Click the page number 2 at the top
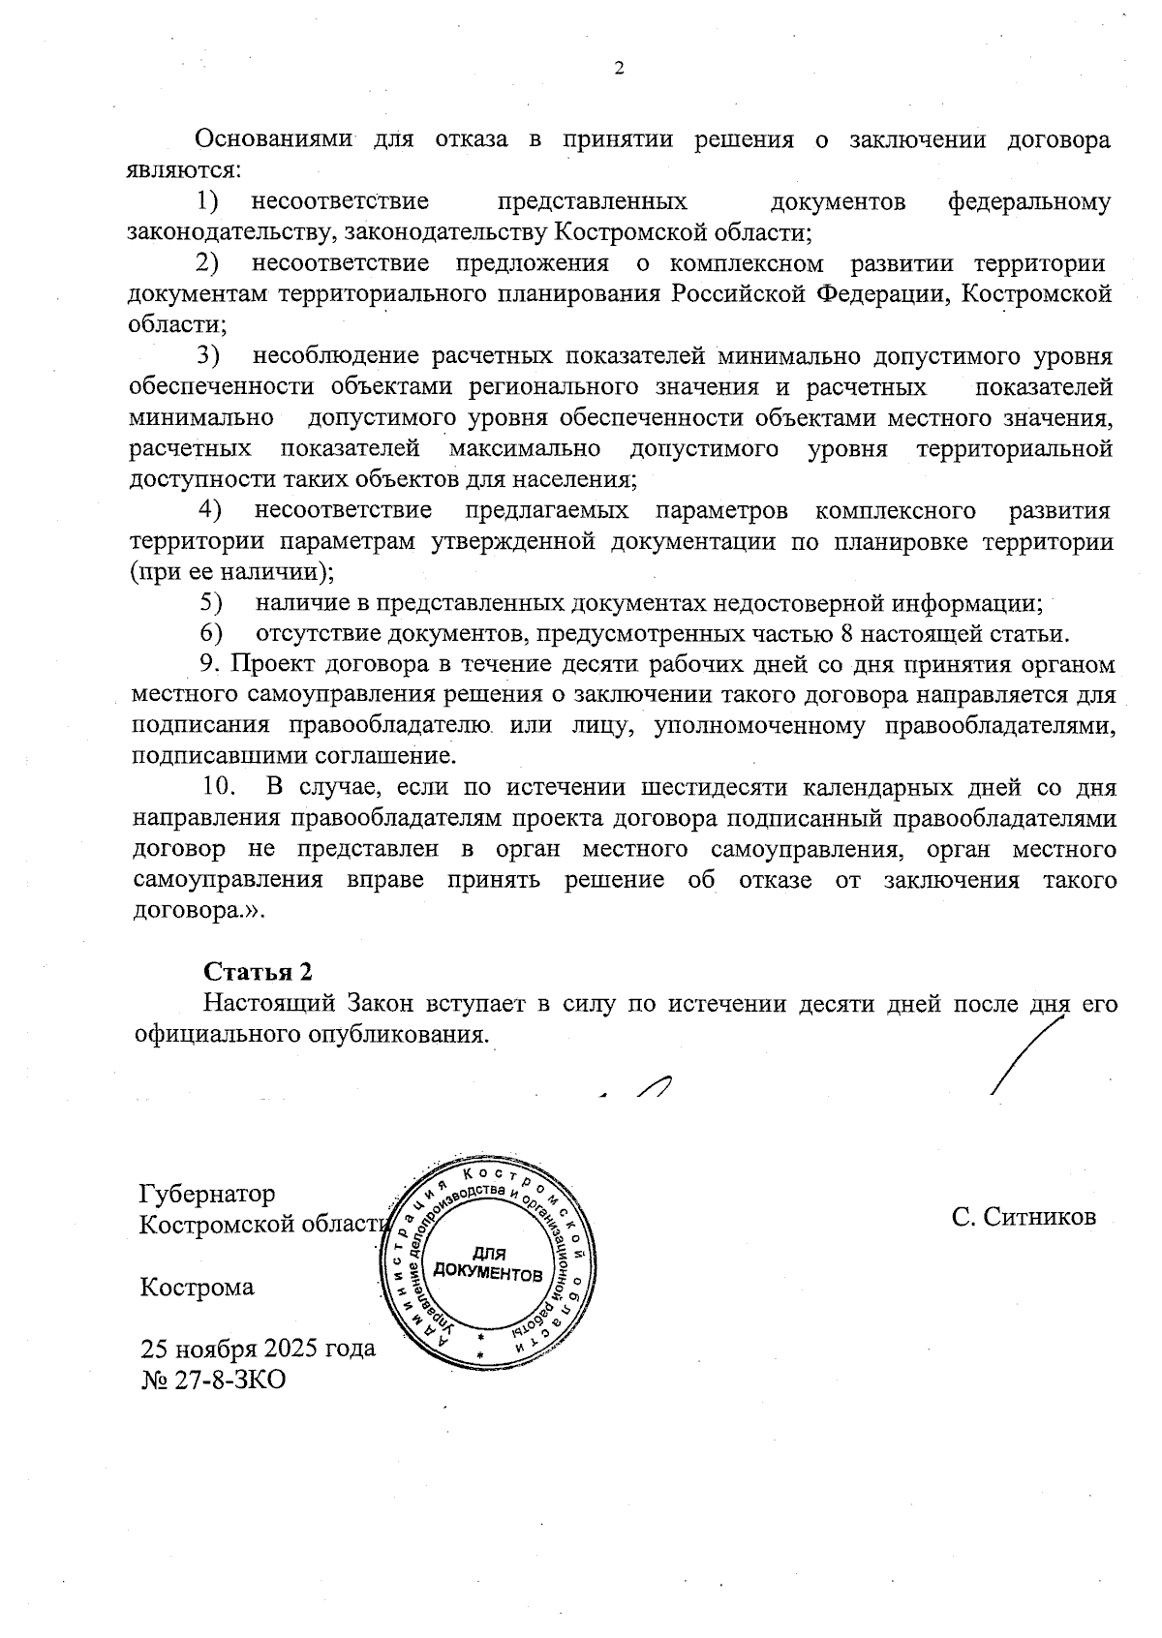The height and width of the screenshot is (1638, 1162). tap(620, 69)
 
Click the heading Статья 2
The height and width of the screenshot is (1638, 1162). tap(259, 972)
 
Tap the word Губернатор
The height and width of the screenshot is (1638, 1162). tap(207, 1194)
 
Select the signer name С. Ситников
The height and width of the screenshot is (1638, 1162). tap(1024, 1217)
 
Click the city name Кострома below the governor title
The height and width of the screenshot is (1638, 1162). tap(198, 1288)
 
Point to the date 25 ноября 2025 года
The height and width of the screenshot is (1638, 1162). tap(258, 1349)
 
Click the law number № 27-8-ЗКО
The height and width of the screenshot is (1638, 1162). tap(214, 1380)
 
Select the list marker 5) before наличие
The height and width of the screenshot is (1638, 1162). tap(211, 603)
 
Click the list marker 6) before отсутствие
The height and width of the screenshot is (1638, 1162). tap(211, 634)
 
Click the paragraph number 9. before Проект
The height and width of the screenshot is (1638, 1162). tap(211, 665)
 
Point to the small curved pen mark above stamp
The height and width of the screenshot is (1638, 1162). tap(653, 1087)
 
